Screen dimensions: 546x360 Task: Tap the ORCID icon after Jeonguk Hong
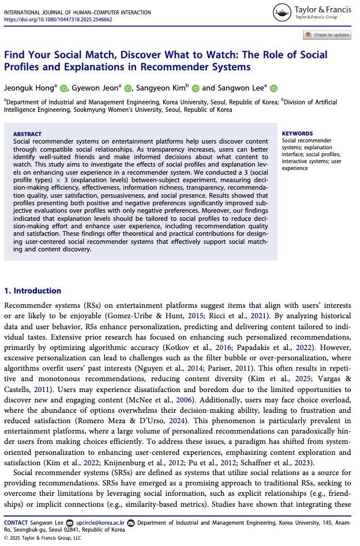[63, 88]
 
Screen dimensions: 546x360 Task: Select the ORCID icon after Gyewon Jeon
[128, 88]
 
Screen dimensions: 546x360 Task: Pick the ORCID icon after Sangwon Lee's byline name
[273, 88]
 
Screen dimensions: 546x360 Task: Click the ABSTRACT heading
[27, 134]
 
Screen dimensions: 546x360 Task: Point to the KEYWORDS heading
[297, 134]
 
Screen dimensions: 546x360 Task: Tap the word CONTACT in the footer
[16, 522]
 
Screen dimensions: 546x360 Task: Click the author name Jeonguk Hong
[29, 88]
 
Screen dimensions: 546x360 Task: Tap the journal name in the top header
[77, 12]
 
